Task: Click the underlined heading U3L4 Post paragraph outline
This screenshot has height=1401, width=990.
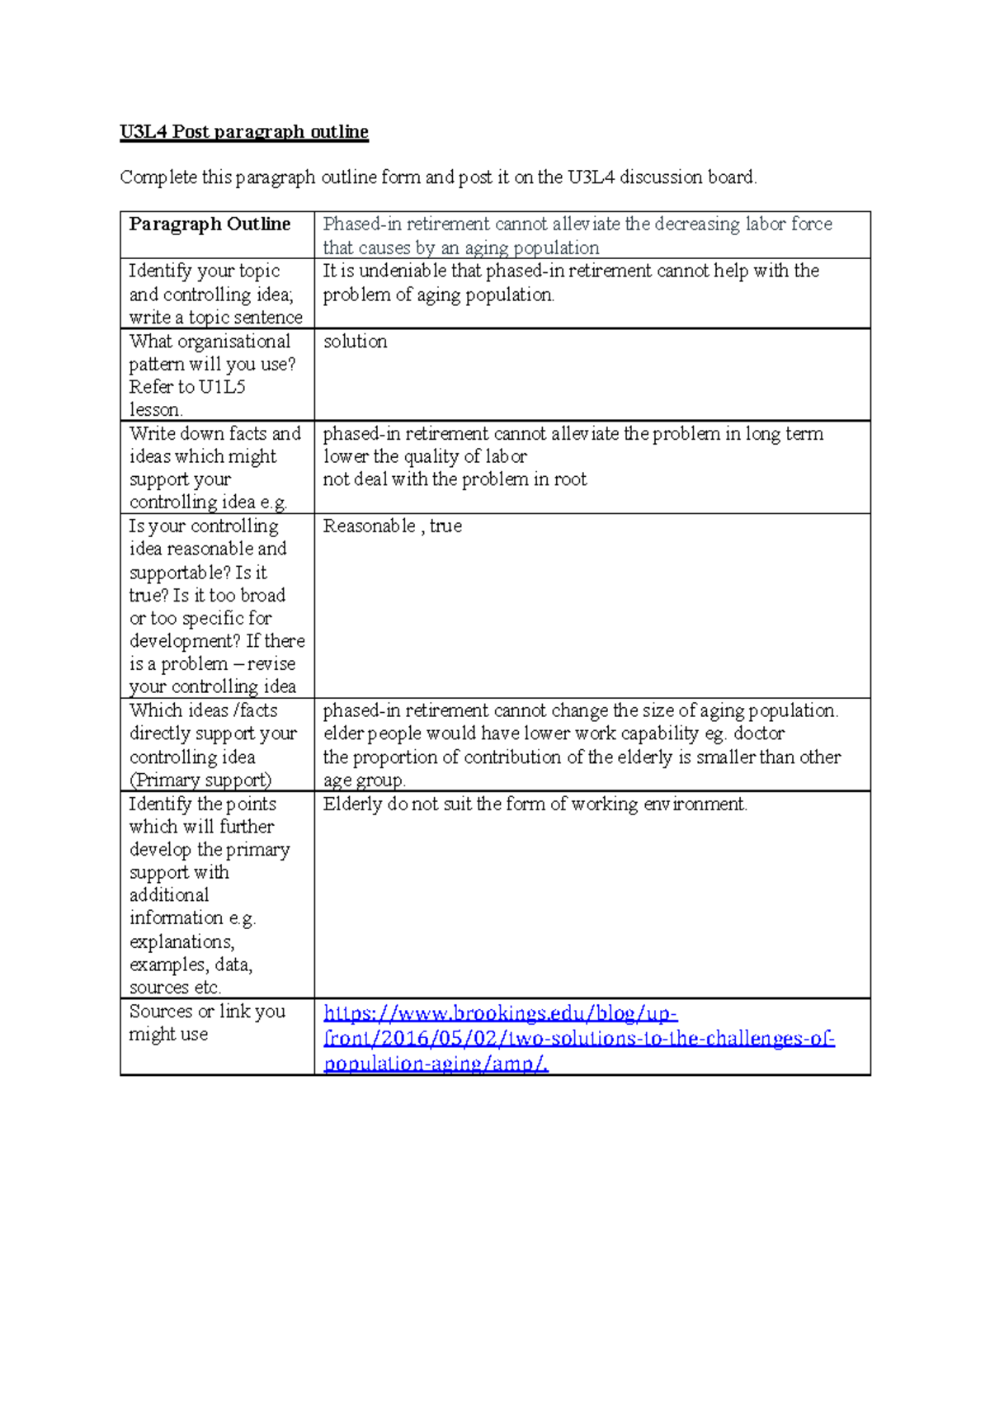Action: [x=243, y=132]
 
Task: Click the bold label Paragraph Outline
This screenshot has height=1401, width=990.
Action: [x=210, y=224]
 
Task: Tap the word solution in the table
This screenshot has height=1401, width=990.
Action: [x=355, y=342]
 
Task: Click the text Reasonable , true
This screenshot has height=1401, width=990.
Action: [x=392, y=526]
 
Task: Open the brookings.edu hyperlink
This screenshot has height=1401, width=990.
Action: [x=578, y=1038]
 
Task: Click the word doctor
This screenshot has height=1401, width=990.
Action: [x=758, y=734]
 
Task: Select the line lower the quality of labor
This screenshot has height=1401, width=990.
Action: [x=424, y=456]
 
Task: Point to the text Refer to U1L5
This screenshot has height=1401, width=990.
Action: [x=186, y=387]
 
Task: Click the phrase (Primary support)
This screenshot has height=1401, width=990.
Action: [x=200, y=780]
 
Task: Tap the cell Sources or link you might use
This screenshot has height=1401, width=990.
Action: [x=206, y=1022]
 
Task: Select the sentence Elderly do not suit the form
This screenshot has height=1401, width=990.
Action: [x=535, y=804]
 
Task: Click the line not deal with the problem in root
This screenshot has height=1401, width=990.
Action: [x=454, y=479]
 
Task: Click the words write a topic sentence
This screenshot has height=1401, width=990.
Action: [x=215, y=318]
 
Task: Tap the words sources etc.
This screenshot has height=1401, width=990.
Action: [x=175, y=987]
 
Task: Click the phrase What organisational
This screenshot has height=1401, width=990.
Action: [x=210, y=342]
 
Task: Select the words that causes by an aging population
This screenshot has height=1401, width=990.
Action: [x=460, y=248]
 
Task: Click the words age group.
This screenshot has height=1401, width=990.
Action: [x=363, y=780]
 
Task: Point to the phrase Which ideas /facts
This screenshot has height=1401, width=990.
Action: [x=203, y=710]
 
